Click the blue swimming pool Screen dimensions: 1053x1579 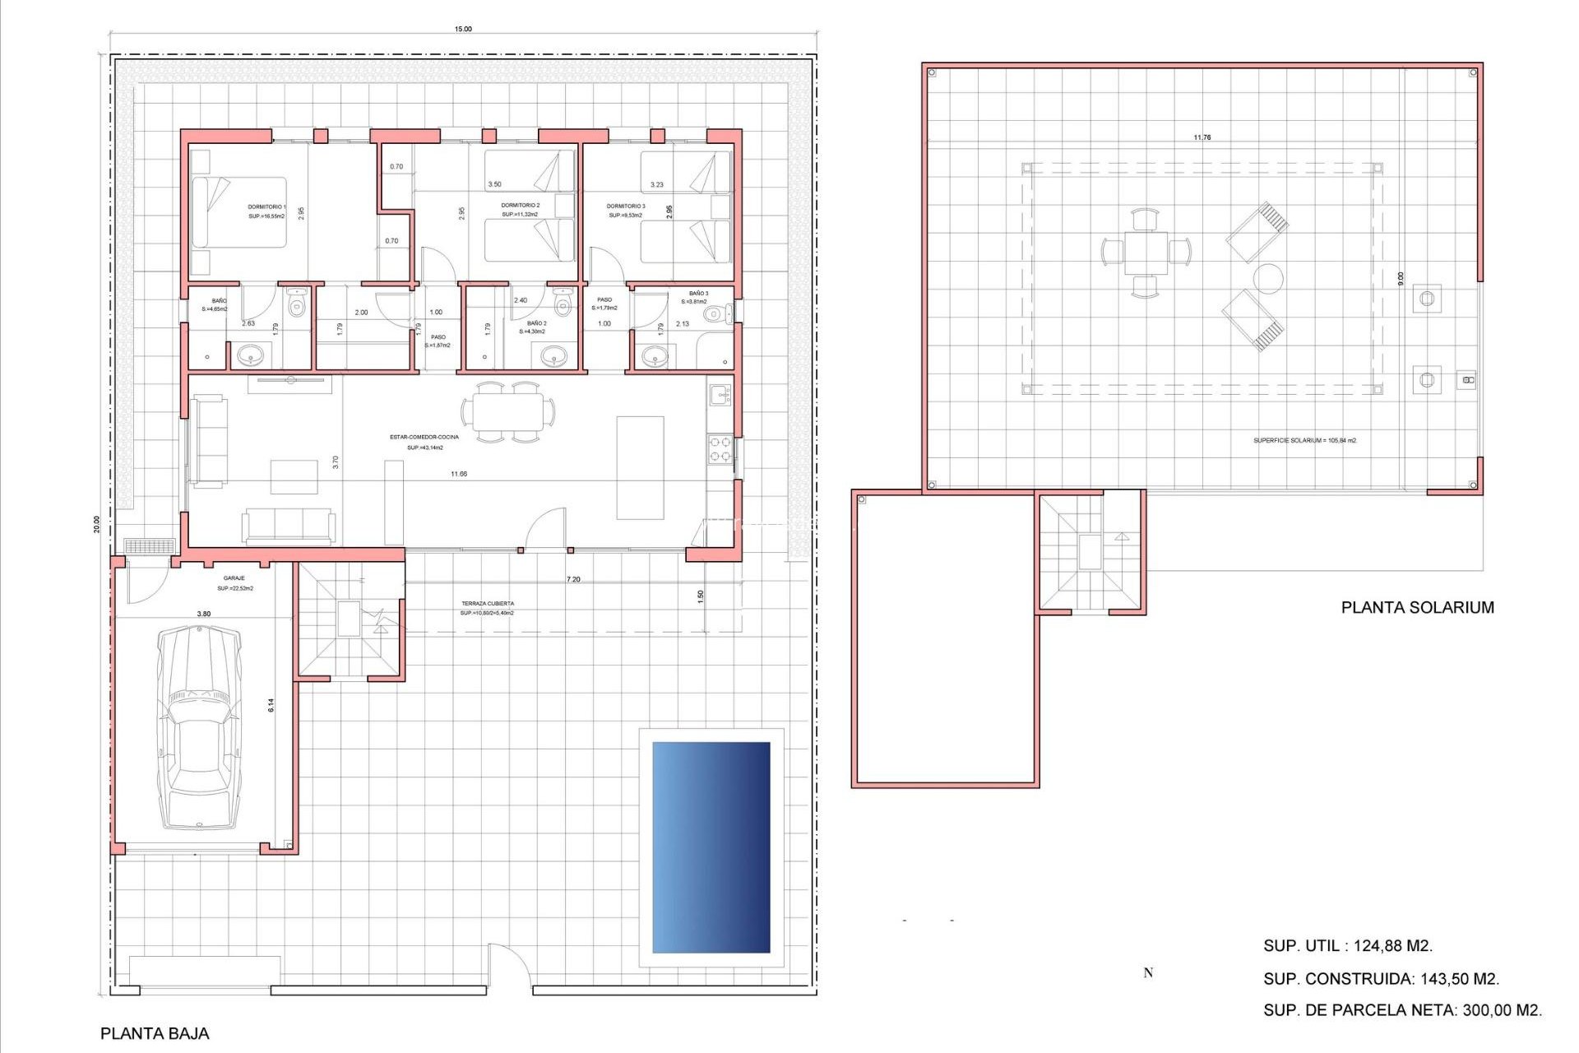[x=711, y=847]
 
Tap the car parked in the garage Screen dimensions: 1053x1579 [x=200, y=727]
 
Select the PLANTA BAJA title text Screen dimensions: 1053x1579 [x=155, y=1033]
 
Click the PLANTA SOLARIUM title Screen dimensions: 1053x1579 [x=1417, y=607]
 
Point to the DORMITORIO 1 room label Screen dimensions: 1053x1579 [x=266, y=207]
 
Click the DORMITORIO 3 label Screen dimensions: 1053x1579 [x=625, y=206]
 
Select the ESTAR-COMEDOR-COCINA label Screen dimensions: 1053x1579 [x=424, y=437]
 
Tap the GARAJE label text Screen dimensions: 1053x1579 [x=234, y=578]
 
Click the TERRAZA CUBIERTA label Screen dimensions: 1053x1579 [x=487, y=604]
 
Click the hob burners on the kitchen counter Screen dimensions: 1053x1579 [x=720, y=449]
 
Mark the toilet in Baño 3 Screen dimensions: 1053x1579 [x=717, y=313]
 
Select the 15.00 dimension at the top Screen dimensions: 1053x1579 [x=463, y=29]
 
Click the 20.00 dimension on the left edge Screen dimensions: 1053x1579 [x=96, y=524]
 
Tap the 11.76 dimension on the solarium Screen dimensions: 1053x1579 [x=1202, y=137]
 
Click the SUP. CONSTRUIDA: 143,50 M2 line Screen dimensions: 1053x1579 [x=1381, y=979]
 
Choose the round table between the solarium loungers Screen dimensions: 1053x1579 [x=1267, y=279]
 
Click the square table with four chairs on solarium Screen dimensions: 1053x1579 [x=1146, y=253]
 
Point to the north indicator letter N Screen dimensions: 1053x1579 [x=1148, y=973]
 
